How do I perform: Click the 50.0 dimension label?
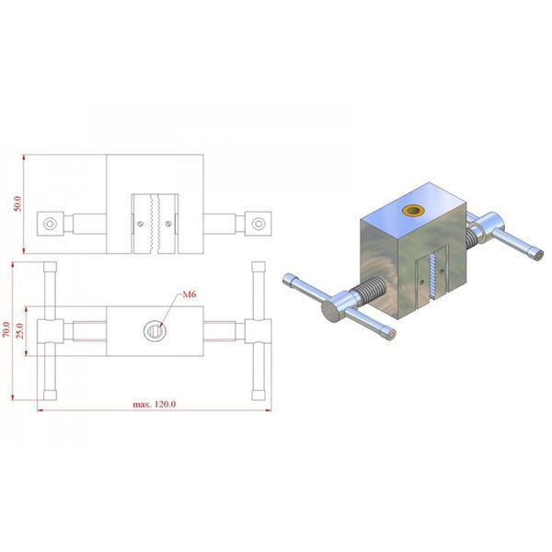click(x=17, y=203)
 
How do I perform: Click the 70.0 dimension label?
click(x=6, y=329)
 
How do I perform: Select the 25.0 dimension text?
click(x=20, y=330)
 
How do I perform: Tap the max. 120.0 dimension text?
click(x=155, y=404)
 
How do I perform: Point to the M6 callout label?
click(x=189, y=294)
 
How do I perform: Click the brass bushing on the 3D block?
click(x=413, y=211)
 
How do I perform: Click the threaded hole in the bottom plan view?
click(x=155, y=331)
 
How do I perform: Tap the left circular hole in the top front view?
click(x=50, y=224)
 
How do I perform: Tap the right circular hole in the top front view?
click(x=259, y=224)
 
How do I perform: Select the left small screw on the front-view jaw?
click(x=141, y=224)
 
